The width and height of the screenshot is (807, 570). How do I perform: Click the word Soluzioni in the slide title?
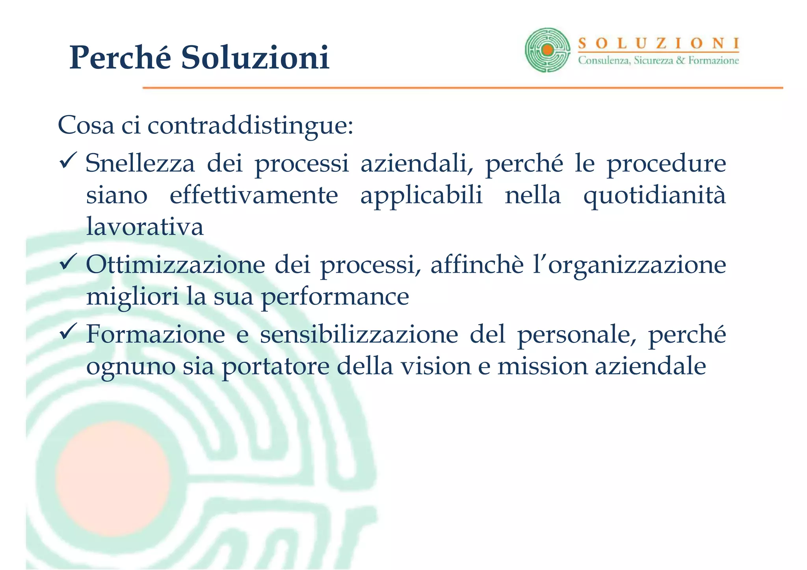255,58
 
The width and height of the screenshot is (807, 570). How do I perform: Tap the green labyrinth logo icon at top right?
547,50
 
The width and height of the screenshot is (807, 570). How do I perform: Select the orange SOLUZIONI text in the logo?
658,43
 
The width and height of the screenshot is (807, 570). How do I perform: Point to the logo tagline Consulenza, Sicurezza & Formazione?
658,61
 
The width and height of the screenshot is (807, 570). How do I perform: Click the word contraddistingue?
250,125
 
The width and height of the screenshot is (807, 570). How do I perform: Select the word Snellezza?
140,163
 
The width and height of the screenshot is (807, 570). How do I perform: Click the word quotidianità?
655,195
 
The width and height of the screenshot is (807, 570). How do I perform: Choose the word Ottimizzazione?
175,265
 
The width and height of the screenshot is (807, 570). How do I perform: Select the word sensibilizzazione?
359,334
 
